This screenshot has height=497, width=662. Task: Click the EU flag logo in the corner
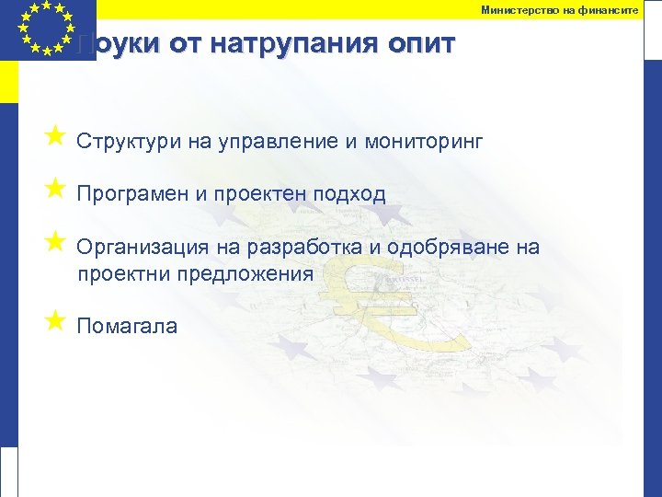coord(46,28)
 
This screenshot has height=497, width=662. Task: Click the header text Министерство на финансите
coord(559,9)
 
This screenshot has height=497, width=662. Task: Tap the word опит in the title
coord(417,45)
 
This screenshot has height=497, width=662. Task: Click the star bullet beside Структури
coord(54,137)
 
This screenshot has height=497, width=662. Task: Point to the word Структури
coord(129,142)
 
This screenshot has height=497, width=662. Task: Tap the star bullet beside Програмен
coord(54,190)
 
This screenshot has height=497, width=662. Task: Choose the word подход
coord(348,194)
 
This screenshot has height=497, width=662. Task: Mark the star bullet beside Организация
coord(54,242)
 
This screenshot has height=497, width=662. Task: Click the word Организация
coord(143,248)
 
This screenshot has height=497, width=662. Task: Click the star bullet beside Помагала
coord(54,320)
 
